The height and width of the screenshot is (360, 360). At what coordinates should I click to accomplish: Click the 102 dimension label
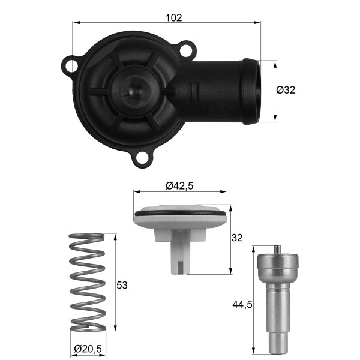click(173, 17)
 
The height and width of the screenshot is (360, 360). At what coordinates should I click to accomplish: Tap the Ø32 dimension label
click(286, 90)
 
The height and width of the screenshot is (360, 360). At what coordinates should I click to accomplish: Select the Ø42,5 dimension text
click(179, 186)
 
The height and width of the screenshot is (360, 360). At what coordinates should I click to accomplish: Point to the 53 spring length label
click(122, 285)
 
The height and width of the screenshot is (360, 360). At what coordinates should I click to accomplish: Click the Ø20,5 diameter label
click(88, 349)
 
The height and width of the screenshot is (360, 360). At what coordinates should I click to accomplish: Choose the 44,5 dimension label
click(242, 305)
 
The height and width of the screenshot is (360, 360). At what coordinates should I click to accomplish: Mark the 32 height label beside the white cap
click(237, 238)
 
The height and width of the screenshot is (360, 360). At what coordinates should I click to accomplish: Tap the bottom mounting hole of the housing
click(142, 158)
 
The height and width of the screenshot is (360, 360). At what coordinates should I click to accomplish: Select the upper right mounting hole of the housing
click(186, 51)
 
